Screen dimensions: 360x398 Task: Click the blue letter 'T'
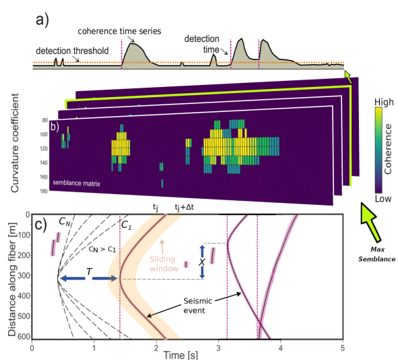click(x=89, y=270)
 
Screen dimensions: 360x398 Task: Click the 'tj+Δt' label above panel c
click(x=185, y=208)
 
